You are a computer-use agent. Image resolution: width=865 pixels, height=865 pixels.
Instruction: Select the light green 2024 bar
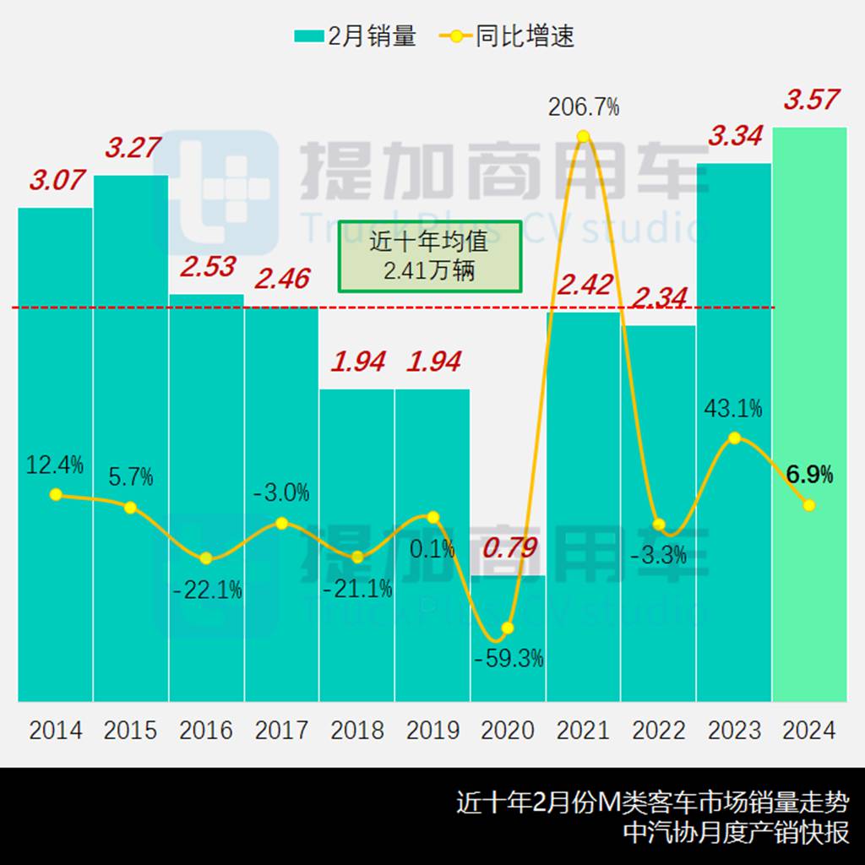click(x=809, y=414)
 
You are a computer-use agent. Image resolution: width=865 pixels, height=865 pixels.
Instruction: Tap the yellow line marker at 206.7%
click(x=583, y=136)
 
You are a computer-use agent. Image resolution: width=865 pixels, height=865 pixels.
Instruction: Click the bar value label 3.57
click(x=811, y=100)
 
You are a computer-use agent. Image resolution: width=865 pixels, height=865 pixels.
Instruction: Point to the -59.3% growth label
click(x=509, y=658)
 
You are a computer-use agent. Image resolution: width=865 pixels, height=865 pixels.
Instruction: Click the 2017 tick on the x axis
click(x=281, y=730)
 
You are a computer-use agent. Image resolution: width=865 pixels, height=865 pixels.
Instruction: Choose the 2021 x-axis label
click(x=583, y=730)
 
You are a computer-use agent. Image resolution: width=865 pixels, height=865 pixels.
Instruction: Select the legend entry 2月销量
click(x=356, y=36)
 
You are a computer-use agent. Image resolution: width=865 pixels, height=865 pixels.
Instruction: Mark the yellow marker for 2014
click(x=56, y=494)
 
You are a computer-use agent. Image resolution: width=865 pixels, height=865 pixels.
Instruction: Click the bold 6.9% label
click(x=809, y=475)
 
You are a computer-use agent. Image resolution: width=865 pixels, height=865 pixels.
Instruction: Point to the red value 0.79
click(x=509, y=548)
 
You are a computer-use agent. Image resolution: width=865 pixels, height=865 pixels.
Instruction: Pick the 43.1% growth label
click(x=733, y=409)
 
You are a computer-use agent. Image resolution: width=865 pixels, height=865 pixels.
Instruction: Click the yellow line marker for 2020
click(x=508, y=628)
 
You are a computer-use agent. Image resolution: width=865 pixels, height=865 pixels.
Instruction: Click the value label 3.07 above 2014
click(x=57, y=180)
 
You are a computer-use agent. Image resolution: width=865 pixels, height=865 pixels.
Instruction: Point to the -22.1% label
click(x=207, y=590)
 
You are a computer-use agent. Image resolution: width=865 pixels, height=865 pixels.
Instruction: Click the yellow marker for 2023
click(x=734, y=438)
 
